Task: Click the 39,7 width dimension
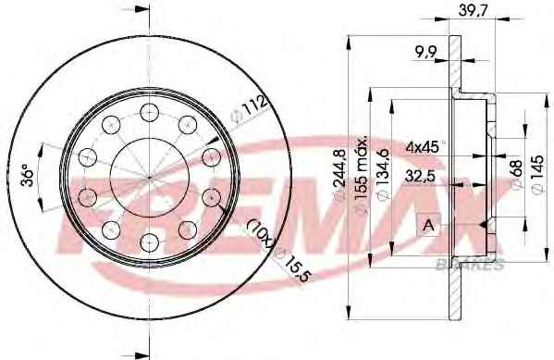pos(474,10)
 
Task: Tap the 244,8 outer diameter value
pos(339,178)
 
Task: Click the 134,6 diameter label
pos(383,174)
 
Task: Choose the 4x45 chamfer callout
pos(423,146)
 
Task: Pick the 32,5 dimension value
pos(420,176)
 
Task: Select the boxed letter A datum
pos(428,225)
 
